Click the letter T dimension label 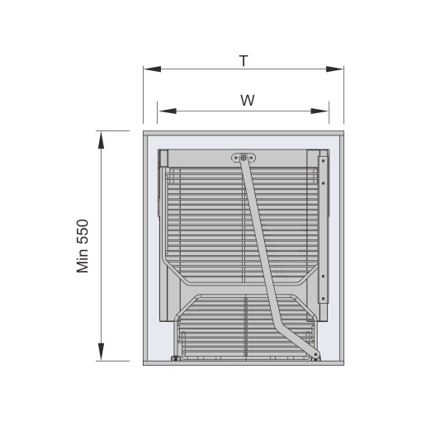244,61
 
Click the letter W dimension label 248,100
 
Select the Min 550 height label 83,246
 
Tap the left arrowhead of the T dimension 152,69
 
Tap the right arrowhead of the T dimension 334,69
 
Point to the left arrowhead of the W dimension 168,111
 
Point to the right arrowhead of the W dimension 319,111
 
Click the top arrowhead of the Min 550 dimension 101,140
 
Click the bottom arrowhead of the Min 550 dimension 101,352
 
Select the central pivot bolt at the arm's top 244,158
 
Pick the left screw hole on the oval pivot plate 235,158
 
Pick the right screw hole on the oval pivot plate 251,158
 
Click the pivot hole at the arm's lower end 315,354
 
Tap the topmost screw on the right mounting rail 323,160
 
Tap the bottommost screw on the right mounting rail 323,298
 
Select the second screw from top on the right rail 323,183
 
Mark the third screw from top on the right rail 323,276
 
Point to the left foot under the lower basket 175,358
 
